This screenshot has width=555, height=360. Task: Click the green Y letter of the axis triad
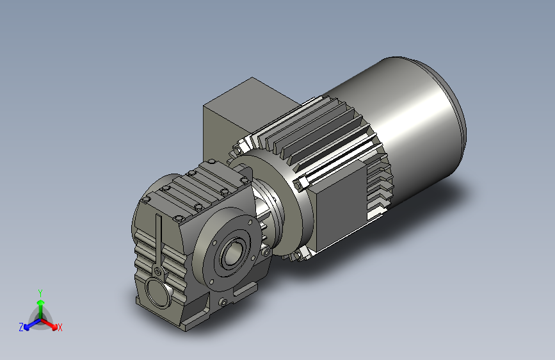[x=40, y=293]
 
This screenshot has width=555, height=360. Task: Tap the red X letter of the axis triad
[x=60, y=327]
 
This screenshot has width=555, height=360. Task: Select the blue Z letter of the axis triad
[x=21, y=327]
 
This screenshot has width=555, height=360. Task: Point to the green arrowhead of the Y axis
[x=41, y=302]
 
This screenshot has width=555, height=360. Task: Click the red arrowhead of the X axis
[x=54, y=327]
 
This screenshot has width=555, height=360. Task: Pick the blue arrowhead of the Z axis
[x=27, y=328]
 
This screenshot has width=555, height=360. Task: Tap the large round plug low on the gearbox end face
[x=158, y=291]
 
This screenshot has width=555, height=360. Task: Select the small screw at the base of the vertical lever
[x=158, y=272]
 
